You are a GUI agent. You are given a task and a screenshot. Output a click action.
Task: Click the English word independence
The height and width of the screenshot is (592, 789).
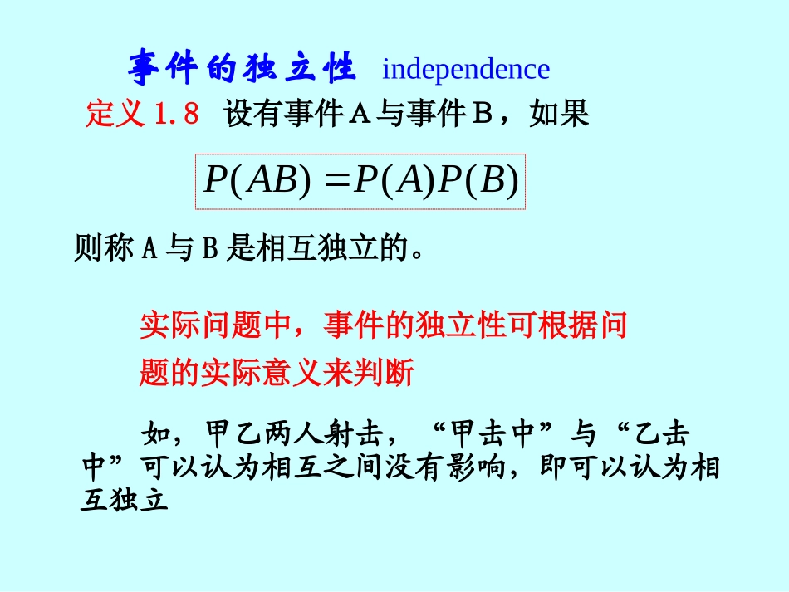coord(465,69)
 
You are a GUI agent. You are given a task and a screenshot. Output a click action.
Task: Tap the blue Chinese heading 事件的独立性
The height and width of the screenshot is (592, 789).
coord(242,68)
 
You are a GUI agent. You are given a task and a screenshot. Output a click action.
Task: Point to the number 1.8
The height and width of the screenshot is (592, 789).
coord(176,114)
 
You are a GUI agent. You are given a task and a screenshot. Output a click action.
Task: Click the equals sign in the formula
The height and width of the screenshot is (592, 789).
coord(333,180)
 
